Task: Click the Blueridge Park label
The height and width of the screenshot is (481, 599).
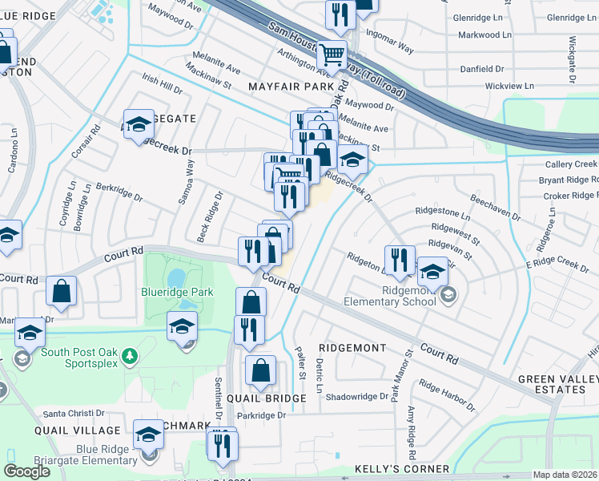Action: [178, 292]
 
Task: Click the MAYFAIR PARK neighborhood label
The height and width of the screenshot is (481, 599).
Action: [291, 85]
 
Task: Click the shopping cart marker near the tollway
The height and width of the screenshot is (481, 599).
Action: [332, 56]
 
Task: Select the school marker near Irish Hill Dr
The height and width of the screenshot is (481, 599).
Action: [139, 124]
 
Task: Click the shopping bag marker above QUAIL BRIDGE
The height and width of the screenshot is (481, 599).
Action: [261, 371]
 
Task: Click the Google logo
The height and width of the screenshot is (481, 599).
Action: [26, 471]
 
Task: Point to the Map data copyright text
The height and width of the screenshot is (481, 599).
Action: [565, 475]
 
